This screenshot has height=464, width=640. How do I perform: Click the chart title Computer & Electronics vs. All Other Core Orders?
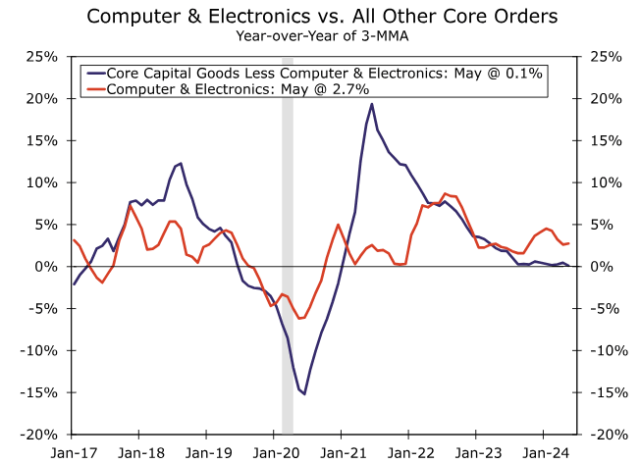pos(319,16)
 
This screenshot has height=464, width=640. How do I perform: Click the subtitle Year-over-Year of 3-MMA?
pos(319,36)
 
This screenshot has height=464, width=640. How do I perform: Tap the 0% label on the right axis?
pos(604,267)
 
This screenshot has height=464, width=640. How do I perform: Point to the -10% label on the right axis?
pos(611,351)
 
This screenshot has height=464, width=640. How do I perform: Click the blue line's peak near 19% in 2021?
pos(371,104)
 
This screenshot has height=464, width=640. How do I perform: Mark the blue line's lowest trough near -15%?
pos(304,394)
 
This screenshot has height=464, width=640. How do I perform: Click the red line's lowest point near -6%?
pos(299,318)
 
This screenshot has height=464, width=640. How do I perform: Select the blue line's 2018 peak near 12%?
pos(181,164)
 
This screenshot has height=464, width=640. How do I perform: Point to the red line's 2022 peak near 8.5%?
pos(445,193)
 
